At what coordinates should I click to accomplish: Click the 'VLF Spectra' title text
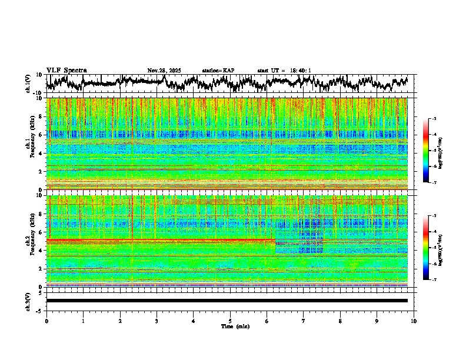point(66,71)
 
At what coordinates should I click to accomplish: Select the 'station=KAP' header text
point(218,71)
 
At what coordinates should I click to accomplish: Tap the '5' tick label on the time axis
point(230,321)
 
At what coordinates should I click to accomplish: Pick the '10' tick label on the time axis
point(414,321)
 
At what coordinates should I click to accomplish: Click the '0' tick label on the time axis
point(46,321)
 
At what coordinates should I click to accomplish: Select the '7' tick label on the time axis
point(304,321)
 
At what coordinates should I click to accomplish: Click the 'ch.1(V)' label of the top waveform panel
point(28,84)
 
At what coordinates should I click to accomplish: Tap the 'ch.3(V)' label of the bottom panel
point(28,301)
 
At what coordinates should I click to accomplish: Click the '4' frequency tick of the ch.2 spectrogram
point(41,250)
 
